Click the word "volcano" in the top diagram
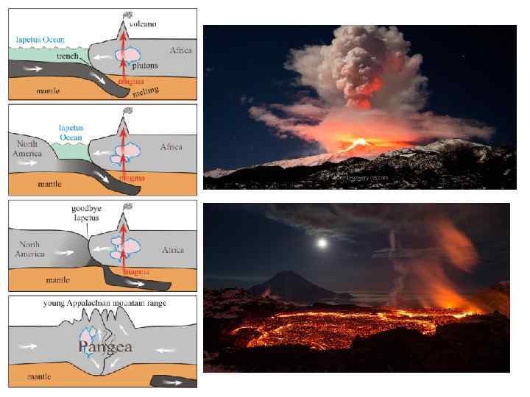(x=144, y=24)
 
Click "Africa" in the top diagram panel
(x=181, y=51)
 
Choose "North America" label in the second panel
(x=26, y=149)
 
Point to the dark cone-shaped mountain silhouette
(x=279, y=285)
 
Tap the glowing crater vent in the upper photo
(x=361, y=143)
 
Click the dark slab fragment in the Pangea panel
(x=173, y=382)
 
